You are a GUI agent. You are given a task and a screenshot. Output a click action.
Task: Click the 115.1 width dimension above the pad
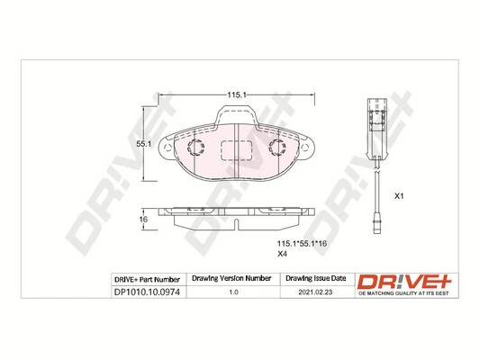point(237,94)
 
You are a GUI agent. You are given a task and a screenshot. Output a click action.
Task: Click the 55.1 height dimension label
point(141,143)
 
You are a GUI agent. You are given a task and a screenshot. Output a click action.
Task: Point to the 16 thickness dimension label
point(141,220)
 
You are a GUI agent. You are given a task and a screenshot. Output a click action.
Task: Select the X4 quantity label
point(282,254)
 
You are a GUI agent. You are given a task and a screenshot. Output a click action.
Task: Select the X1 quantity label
point(402,195)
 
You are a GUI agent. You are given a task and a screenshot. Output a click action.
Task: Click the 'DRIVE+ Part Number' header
point(148,279)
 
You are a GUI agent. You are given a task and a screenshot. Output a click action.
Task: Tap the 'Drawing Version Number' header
point(233,279)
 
